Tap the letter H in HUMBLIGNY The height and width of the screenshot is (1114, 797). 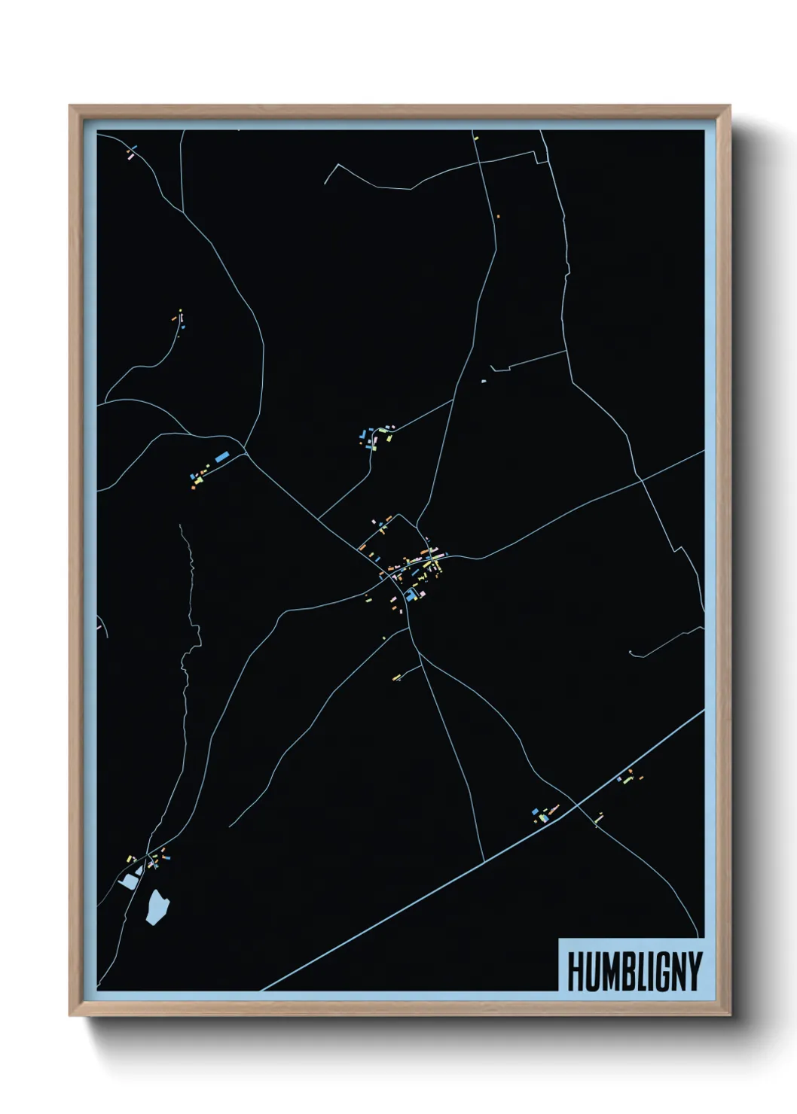coord(574,971)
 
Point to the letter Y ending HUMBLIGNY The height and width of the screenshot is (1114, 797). coord(693,971)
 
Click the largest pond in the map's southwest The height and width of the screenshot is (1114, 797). coord(157,906)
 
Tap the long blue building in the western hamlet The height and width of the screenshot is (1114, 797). coord(221,457)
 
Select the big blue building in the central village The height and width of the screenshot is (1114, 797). coord(411,595)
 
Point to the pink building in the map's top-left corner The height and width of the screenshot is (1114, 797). coord(130,157)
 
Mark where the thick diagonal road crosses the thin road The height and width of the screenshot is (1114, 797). coord(577,805)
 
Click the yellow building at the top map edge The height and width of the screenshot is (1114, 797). coord(475,137)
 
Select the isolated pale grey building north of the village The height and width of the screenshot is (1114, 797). coord(484,381)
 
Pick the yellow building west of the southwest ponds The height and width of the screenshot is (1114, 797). coord(130,858)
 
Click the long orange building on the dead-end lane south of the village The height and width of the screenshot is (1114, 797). coord(396,677)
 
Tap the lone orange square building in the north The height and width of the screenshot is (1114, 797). coord(498,216)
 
